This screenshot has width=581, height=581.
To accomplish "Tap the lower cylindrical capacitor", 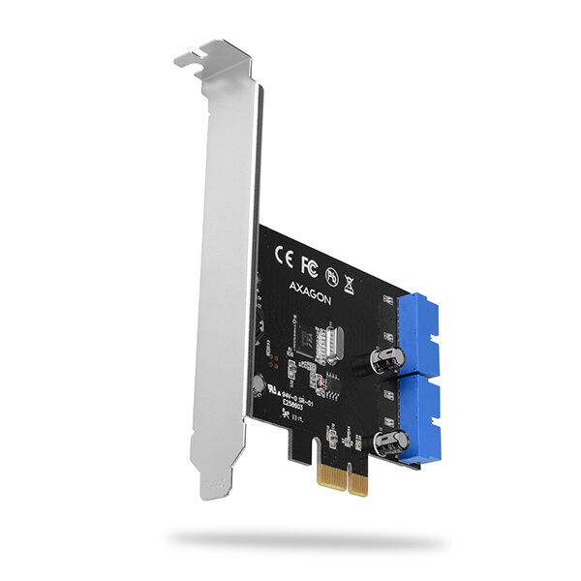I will click(384, 443).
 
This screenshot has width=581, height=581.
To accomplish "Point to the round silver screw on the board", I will click(260, 382).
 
